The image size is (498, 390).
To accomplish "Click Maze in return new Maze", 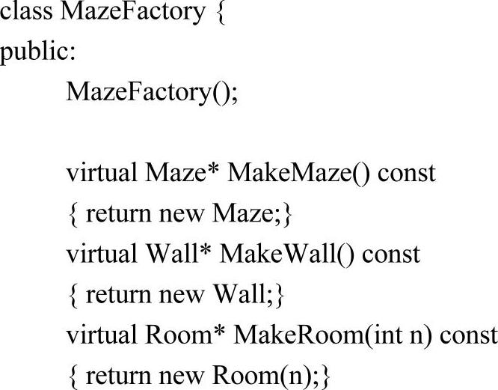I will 241,213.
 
